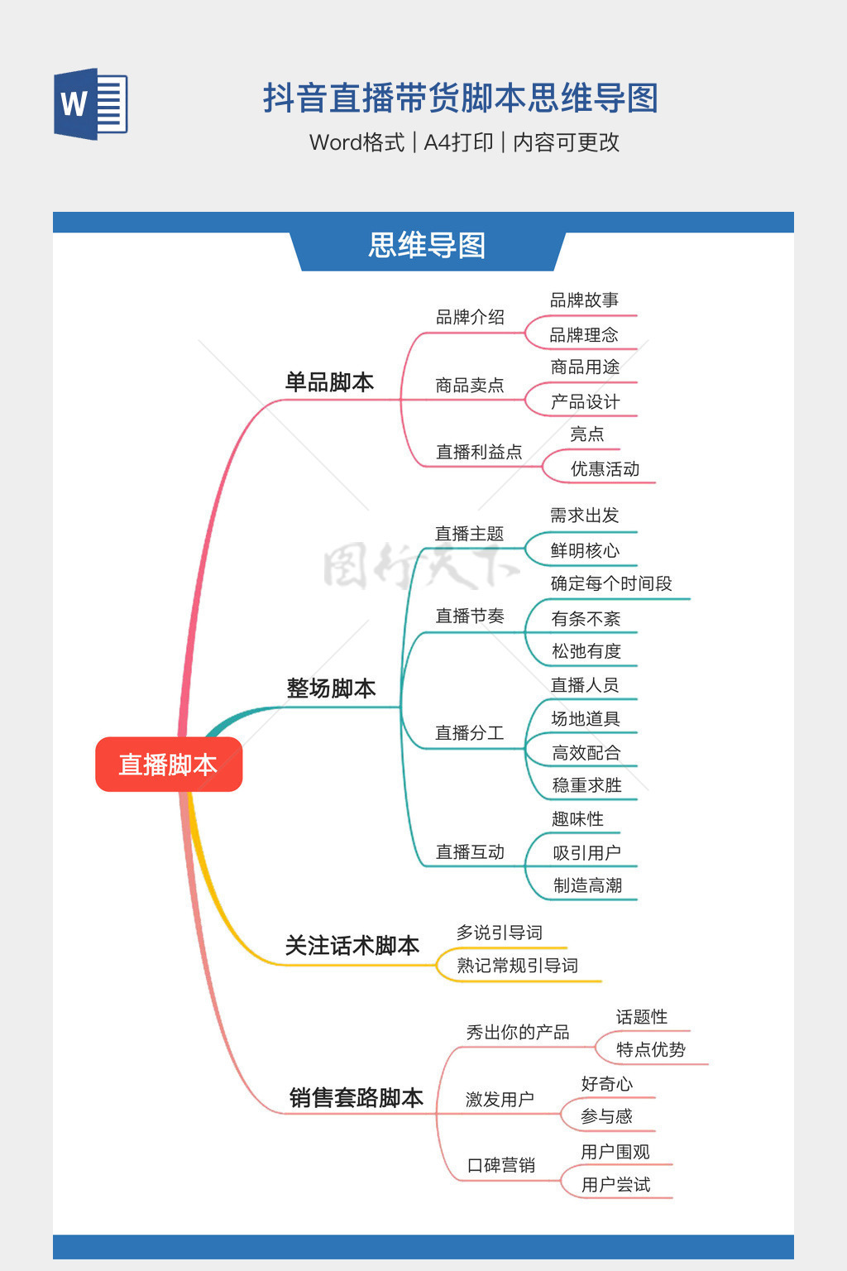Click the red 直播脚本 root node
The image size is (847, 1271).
point(169,765)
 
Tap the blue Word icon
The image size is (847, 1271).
point(91,104)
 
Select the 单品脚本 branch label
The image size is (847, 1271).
point(329,382)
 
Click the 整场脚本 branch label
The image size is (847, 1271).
point(331,688)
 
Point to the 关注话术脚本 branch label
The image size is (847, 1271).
point(352,946)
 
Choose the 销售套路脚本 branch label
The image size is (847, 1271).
point(356,1098)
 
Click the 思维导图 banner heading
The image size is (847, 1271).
point(427,246)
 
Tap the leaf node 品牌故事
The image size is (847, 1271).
point(584,300)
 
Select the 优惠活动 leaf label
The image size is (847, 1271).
point(605,469)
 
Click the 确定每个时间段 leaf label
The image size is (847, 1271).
point(611,583)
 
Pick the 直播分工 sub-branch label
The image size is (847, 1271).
point(469,733)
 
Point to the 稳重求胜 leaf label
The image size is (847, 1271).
point(586,785)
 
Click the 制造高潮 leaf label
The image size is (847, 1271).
point(587,885)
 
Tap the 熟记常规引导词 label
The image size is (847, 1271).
point(517,966)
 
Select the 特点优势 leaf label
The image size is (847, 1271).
point(650,1050)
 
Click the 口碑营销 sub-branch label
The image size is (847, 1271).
point(500,1166)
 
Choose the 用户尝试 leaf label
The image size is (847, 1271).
point(615,1185)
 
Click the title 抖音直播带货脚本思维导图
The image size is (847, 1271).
point(460,98)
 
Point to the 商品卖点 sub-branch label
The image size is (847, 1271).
point(469,386)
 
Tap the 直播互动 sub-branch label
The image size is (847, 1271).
point(469,852)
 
